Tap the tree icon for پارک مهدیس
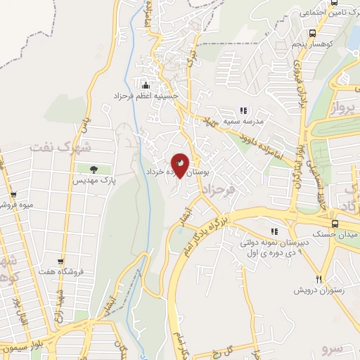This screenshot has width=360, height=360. click(x=93, y=168)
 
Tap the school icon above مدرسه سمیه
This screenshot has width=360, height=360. click(x=243, y=110)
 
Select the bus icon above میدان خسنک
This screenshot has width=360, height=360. click(x=335, y=224)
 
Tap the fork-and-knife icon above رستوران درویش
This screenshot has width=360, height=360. click(x=319, y=279)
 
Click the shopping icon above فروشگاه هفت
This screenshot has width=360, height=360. click(x=62, y=261)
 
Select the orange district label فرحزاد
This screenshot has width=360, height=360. click(x=216, y=190)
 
